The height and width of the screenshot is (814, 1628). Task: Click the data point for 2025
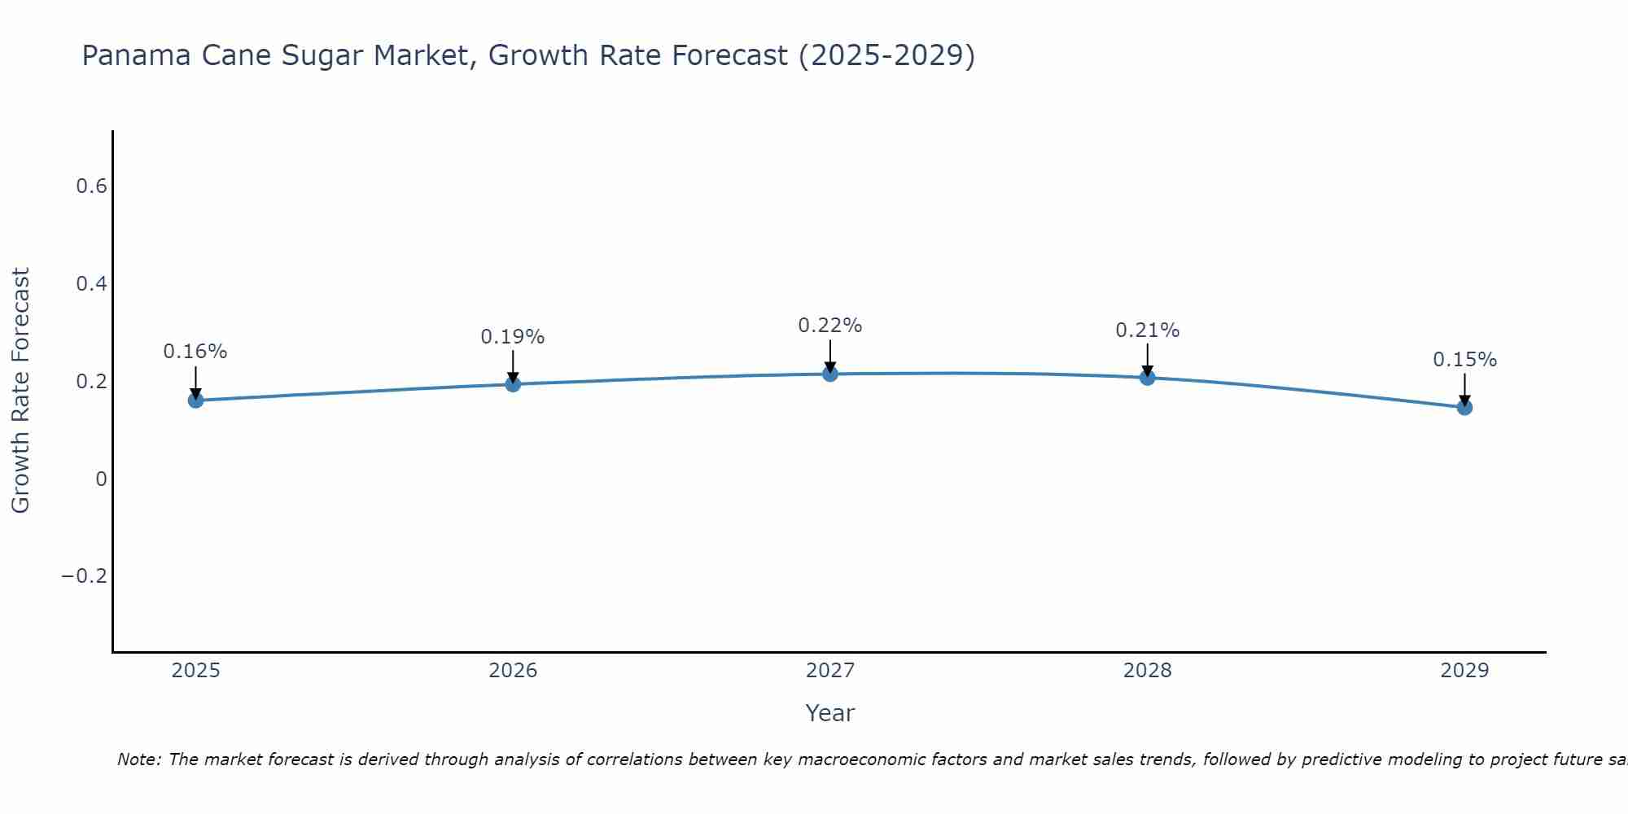click(195, 400)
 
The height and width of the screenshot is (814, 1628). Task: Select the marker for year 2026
click(513, 384)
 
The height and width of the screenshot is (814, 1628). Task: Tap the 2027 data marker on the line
click(830, 374)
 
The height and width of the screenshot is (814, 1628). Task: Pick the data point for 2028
click(1147, 378)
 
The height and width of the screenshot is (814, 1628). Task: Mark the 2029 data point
click(1464, 407)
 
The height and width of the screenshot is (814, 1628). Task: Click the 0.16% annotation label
click(195, 352)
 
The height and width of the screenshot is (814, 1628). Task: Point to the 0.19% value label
click(513, 337)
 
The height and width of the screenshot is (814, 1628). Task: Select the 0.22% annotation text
click(830, 326)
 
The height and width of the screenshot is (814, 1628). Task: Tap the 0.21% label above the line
click(1147, 330)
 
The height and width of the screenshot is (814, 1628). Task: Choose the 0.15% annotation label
click(1464, 360)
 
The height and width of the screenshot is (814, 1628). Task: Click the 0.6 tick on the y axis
click(91, 186)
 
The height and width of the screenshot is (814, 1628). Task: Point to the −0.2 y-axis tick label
click(85, 576)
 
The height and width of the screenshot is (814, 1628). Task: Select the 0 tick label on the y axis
click(101, 479)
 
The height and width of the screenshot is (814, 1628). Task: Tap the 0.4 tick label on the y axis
click(91, 284)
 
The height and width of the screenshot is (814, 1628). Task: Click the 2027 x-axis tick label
click(830, 671)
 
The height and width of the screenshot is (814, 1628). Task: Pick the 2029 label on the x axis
click(1464, 671)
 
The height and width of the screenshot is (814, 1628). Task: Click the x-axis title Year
click(830, 713)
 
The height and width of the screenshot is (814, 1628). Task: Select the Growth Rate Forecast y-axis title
click(20, 391)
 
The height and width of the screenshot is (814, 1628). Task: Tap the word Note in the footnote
click(139, 759)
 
